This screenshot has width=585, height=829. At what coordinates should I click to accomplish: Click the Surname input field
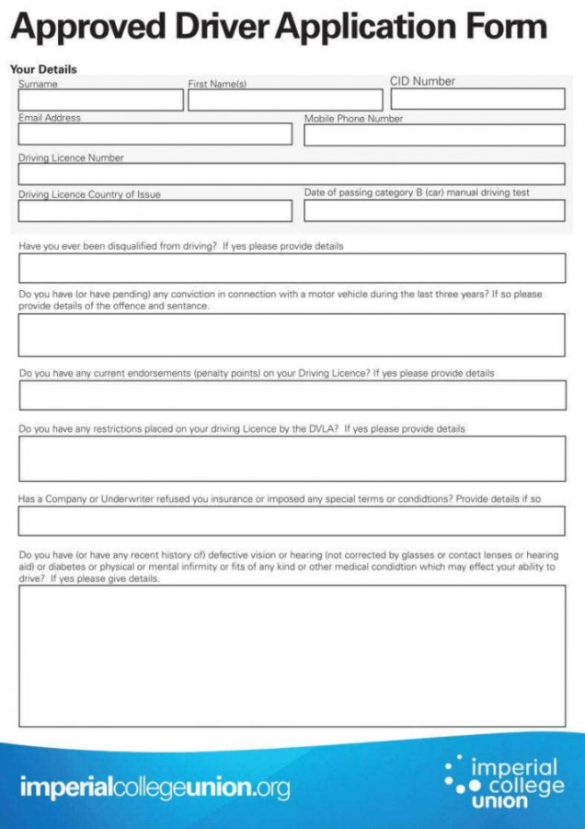pyautogui.click(x=100, y=100)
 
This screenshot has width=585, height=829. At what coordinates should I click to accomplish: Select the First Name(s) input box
pyautogui.click(x=285, y=100)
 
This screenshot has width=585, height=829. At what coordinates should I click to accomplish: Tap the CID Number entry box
pyautogui.click(x=477, y=99)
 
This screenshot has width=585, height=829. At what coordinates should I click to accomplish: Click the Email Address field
pyautogui.click(x=155, y=134)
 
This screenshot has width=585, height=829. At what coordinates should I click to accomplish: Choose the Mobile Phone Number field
pyautogui.click(x=434, y=135)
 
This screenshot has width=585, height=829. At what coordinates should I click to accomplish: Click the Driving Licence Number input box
pyautogui.click(x=292, y=174)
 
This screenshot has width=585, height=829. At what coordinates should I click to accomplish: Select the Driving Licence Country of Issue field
pyautogui.click(x=155, y=211)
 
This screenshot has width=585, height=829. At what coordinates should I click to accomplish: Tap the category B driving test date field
pyautogui.click(x=434, y=211)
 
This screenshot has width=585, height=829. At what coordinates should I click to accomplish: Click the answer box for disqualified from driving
pyautogui.click(x=292, y=268)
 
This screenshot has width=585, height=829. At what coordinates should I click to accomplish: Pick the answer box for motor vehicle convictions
pyautogui.click(x=292, y=334)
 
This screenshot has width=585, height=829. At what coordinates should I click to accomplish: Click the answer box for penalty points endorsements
pyautogui.click(x=292, y=395)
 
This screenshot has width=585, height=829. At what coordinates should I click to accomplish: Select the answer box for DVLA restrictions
pyautogui.click(x=292, y=458)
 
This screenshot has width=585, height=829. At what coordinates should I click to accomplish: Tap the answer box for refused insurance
pyautogui.click(x=292, y=520)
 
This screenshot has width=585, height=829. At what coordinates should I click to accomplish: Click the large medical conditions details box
pyautogui.click(x=292, y=655)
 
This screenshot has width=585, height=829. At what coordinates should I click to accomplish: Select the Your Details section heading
pyautogui.click(x=43, y=69)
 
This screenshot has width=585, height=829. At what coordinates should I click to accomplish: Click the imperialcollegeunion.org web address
pyautogui.click(x=155, y=788)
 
